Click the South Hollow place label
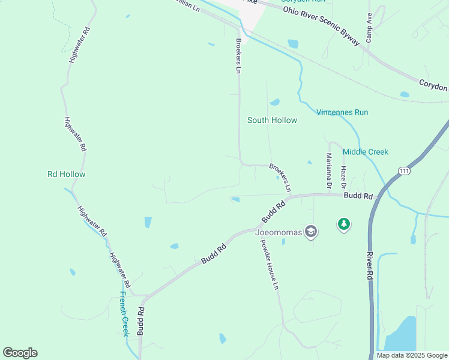tap(272, 120)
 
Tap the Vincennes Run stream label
tap(342, 112)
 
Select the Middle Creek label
tap(366, 152)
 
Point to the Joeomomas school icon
tap(310, 232)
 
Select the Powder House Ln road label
tap(269, 265)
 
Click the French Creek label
tap(124, 313)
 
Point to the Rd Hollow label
tap(67, 174)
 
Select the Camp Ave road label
tap(370, 28)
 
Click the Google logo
tap(20, 353)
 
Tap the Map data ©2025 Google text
tap(411, 355)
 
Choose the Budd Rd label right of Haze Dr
tap(358, 196)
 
